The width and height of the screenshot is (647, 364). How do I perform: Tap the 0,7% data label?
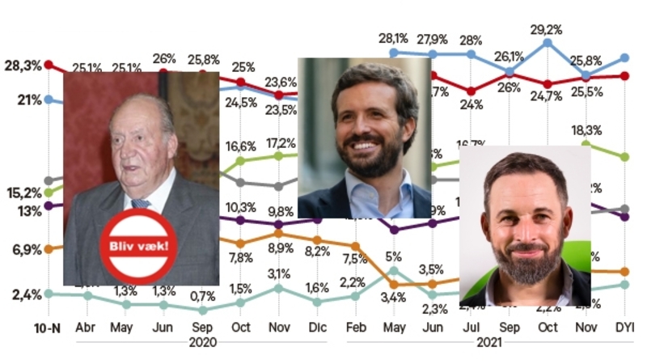203,295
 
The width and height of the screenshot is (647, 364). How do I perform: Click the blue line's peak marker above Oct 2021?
548,42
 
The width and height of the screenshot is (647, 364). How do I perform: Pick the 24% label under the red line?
472,104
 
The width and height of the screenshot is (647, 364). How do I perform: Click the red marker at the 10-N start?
49,64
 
